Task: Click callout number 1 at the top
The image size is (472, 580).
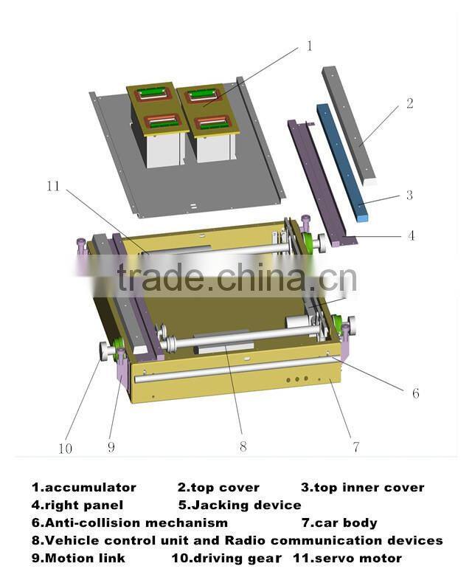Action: pos(309,46)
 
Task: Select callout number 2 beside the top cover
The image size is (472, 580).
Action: pos(409,103)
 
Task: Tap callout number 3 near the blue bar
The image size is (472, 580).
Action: pos(409,196)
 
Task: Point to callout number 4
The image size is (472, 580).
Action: pos(411,236)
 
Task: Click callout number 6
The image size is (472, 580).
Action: pos(415,393)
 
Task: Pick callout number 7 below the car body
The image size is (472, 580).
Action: pos(355,446)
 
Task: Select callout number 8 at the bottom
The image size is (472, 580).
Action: pos(243,446)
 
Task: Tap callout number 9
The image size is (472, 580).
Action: pos(111,446)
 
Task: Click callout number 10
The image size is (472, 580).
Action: pos(65,447)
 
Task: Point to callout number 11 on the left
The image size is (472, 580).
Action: pos(52,186)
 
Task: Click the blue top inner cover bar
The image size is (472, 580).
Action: pos(341,162)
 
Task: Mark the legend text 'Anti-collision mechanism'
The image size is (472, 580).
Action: pos(136,522)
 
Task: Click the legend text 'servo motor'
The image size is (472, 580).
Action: pos(355,558)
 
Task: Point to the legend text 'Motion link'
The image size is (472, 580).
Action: pos(85,558)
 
